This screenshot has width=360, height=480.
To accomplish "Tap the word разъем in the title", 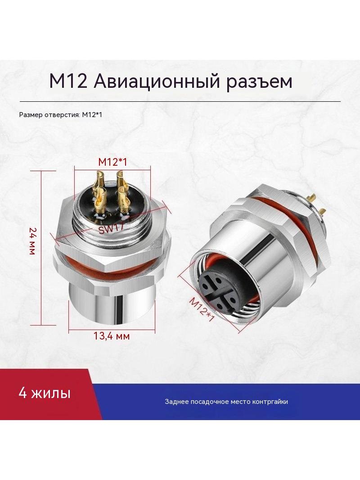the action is (x=259, y=82).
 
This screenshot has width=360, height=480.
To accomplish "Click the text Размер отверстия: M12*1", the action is (x=60, y=115).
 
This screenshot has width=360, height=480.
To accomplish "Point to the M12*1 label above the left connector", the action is (x=112, y=162).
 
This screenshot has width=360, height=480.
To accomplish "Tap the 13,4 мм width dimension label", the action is (x=112, y=336).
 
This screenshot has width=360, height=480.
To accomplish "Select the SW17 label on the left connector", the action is (x=111, y=228).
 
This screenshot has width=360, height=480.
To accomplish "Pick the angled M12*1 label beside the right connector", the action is (x=201, y=309).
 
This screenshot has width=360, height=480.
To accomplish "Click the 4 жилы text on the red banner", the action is (x=45, y=393).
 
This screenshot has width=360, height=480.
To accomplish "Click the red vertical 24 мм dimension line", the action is (x=41, y=248).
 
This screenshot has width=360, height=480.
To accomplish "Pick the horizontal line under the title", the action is (x=180, y=101).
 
